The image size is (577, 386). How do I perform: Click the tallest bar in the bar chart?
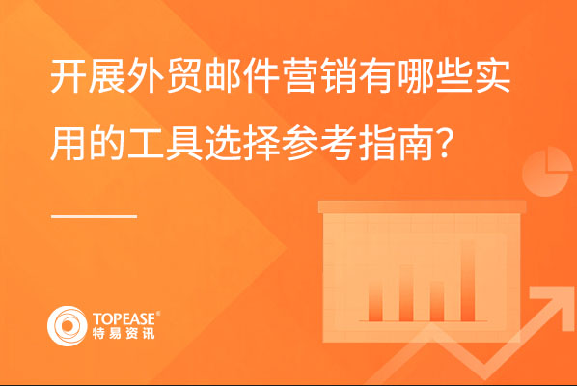(x=467, y=281)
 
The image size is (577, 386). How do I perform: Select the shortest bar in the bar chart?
(x=437, y=301)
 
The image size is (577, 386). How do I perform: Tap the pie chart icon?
(x=547, y=172)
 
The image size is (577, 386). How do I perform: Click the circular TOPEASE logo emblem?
(x=68, y=325)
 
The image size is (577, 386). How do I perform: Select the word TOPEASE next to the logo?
(x=124, y=318)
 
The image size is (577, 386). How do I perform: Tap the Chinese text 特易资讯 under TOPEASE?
(x=124, y=333)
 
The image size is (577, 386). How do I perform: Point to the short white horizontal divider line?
(x=95, y=216)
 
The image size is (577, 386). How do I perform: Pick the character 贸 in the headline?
(x=183, y=76)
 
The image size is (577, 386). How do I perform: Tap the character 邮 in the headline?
(x=222, y=76)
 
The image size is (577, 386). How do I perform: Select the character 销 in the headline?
(x=338, y=76)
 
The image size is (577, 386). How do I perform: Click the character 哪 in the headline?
(x=415, y=76)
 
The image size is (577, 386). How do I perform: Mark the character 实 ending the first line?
(x=492, y=76)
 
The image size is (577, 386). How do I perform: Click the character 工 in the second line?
(x=145, y=143)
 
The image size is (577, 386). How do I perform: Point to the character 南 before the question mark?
(x=415, y=143)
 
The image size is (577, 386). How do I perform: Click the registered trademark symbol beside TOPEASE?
(x=158, y=313)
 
